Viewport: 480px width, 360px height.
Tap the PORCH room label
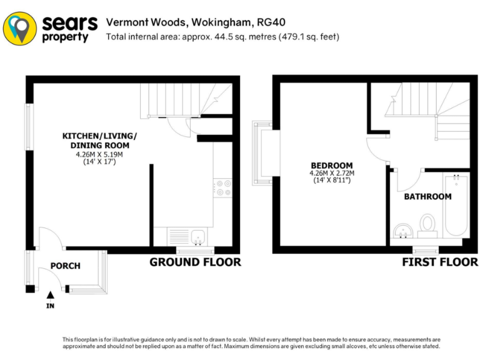click(66, 266)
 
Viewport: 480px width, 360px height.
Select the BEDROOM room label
click(331, 166)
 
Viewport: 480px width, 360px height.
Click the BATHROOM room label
click(427, 196)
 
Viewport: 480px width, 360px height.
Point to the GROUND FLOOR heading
click(195, 262)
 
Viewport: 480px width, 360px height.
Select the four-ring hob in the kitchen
click(222, 188)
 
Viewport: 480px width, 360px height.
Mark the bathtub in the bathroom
click(456, 206)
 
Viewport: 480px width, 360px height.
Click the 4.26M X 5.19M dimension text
click(99, 154)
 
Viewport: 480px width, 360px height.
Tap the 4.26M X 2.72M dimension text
click(331, 173)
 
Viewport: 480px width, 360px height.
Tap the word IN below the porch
click(51, 306)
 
